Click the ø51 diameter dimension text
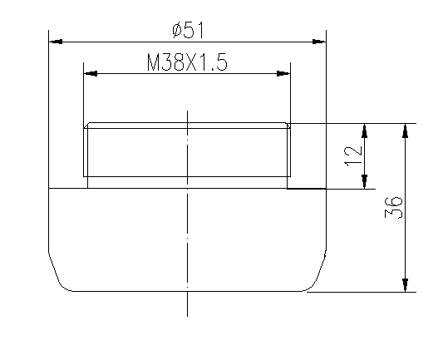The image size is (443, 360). point(187,30)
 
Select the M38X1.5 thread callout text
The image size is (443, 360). point(186,64)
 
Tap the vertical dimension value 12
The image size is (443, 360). point(353,155)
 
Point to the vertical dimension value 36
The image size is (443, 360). point(394,208)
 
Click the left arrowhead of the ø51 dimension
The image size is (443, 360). point(56,40)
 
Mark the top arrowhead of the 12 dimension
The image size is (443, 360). point(364,131)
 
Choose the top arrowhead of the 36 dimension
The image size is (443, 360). point(405,131)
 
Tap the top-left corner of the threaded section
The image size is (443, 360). point(86,126)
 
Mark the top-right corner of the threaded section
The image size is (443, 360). point(288,126)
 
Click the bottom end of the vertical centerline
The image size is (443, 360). point(188,315)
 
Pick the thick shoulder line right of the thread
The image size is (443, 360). point(306,189)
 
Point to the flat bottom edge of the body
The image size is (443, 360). point(188,291)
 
